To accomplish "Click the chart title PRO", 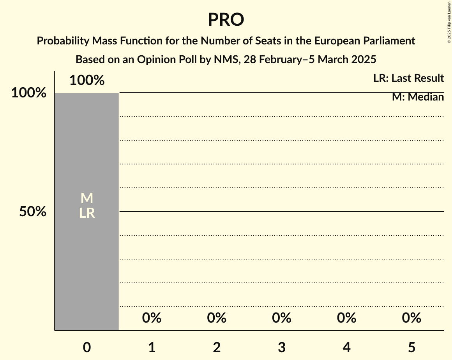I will coord(226,20).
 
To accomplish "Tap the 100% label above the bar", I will coord(87,81).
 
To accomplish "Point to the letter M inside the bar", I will coord(87,198).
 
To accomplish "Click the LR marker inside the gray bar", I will coord(87,213).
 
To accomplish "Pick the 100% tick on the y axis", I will coord(28,93).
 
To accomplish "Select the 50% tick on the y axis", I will coord(33,212).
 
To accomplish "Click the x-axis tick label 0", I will coord(87,347).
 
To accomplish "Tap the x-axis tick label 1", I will coord(152,347).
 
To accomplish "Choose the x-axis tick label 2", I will coord(217,347).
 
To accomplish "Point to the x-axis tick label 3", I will coord(282,347).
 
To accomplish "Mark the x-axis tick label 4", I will coord(347,347).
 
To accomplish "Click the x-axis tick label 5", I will coord(411,347).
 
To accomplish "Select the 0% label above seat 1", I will coord(152,318).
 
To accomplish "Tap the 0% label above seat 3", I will coord(282,318).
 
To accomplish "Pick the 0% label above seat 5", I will coord(411,318).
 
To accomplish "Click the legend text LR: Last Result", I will coord(408,78).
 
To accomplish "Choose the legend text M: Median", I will coord(418,97).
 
